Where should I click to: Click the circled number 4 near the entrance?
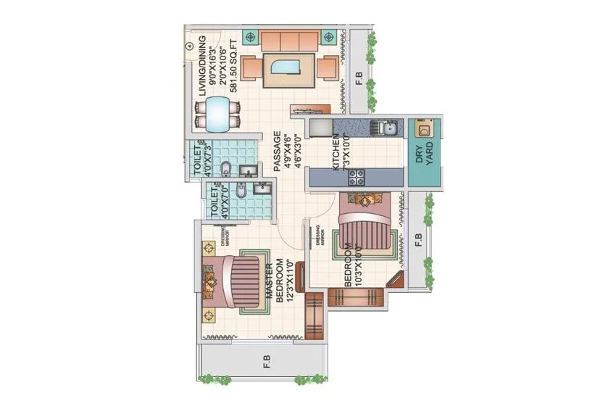[189, 46]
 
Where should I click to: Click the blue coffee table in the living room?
[288, 69]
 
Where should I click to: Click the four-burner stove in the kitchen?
[357, 176]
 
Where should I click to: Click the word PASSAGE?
[277, 152]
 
